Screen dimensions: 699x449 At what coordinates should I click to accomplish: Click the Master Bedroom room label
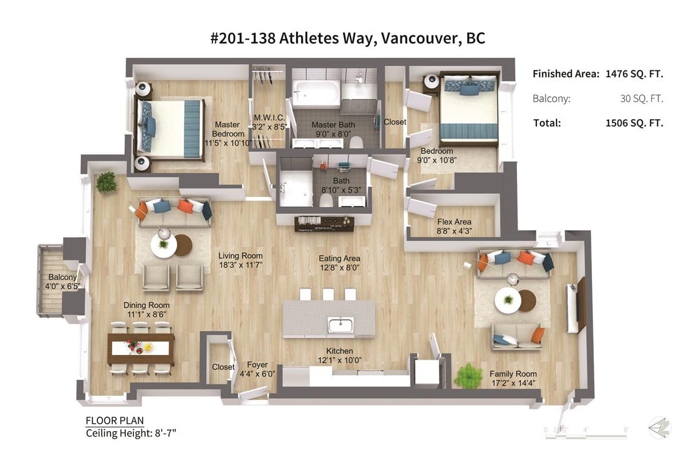(228, 133)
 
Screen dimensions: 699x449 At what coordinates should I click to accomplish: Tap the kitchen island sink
(341, 325)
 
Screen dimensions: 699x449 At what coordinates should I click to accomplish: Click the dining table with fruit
(141, 348)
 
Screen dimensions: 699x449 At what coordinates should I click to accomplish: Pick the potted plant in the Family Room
(468, 376)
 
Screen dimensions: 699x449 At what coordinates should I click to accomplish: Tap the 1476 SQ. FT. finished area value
(634, 74)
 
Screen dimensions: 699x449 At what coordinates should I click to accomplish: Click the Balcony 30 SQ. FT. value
(642, 99)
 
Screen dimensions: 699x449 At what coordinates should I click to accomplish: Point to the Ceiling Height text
(131, 434)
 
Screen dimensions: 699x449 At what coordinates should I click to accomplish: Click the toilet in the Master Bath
(356, 143)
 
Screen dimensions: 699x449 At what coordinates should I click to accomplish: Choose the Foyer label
(257, 365)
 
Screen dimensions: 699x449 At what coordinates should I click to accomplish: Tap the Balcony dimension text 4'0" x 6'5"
(63, 286)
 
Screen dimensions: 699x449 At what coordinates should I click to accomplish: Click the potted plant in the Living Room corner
(106, 182)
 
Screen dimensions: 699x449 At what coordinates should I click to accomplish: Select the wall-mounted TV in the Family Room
(580, 305)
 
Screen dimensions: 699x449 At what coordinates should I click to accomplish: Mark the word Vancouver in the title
(421, 39)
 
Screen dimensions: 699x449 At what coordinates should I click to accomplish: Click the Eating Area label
(339, 263)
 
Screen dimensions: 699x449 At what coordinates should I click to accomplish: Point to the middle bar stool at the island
(328, 294)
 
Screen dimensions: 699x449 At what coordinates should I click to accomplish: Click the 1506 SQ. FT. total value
(634, 123)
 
